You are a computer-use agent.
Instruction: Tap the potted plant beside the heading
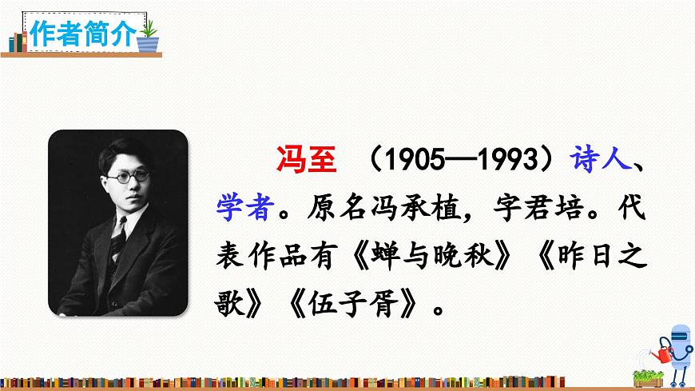point(149,36)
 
